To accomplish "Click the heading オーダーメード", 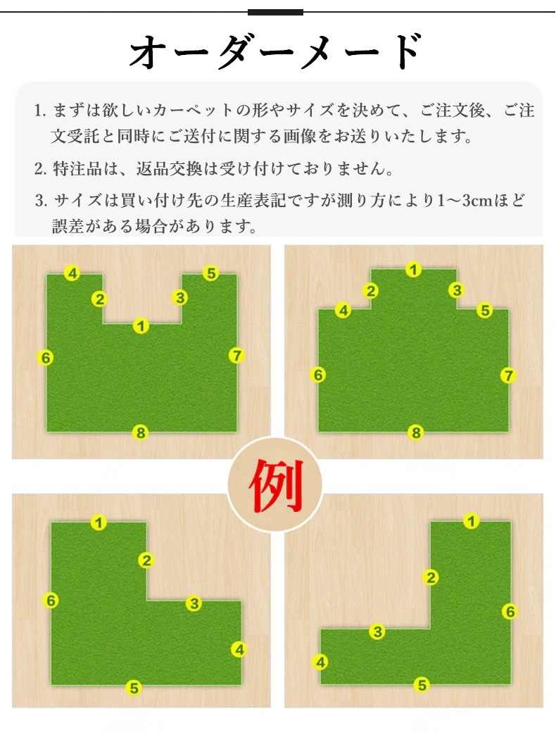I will click(x=276, y=53).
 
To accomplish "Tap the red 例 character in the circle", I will click(x=275, y=486).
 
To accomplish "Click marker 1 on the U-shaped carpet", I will click(x=141, y=325).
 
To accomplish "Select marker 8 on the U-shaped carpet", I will click(x=141, y=433).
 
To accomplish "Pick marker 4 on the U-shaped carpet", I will click(x=72, y=273).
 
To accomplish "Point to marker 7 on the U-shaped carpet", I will click(x=236, y=356).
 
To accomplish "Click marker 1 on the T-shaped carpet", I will click(x=414, y=269).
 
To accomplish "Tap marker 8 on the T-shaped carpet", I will click(x=416, y=432).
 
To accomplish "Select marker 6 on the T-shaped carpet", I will click(x=318, y=375).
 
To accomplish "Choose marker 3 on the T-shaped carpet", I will click(x=457, y=290).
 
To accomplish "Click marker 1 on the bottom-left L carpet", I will click(x=99, y=523).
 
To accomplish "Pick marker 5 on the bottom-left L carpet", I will click(x=133, y=688).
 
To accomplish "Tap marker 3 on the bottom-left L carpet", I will click(x=194, y=603).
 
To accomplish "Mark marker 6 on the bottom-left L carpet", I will click(x=51, y=601).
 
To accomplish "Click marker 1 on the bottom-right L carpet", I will click(x=472, y=521).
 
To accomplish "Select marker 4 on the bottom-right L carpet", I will click(x=320, y=662).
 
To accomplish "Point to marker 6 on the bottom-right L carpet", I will click(x=510, y=611).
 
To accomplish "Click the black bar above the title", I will click(x=275, y=12).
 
